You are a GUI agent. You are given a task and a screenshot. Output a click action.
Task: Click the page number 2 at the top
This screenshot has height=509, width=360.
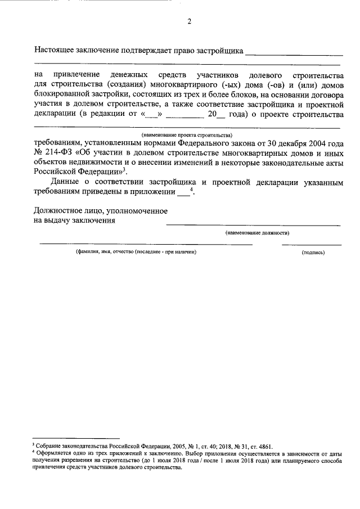coord(189,22)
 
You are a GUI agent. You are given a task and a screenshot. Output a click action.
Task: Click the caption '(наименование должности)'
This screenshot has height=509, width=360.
coord(258,232)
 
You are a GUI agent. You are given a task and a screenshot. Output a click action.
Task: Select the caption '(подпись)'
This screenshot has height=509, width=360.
coord(313,253)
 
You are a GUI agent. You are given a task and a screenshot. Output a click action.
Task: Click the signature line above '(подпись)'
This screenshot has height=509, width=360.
coord(311,245)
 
